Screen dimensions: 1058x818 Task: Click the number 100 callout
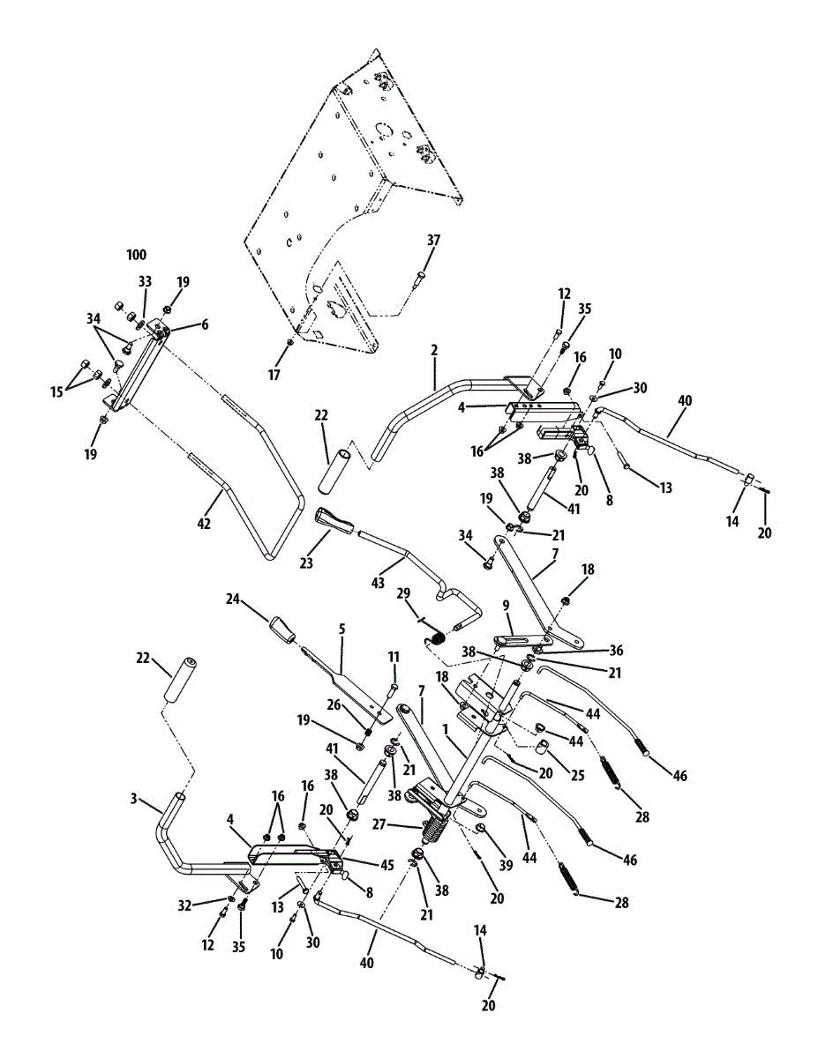coord(136,255)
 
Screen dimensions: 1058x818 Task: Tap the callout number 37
coord(433,240)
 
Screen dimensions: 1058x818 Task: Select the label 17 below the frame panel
coord(274,375)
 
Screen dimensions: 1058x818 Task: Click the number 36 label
coord(616,651)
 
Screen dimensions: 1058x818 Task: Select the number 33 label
coord(145,281)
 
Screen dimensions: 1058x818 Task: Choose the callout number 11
coord(394,657)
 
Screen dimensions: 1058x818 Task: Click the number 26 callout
coord(334,704)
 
